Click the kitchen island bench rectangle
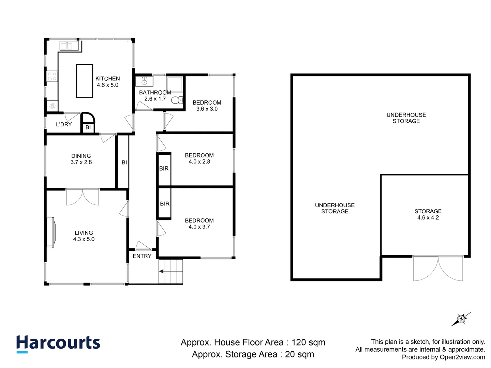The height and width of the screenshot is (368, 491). [84, 81]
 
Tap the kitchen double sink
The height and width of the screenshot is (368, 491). [69, 46]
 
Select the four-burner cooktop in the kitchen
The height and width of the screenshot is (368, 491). [52, 76]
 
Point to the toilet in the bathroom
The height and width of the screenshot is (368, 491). [177, 100]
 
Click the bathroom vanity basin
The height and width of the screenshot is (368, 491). [144, 81]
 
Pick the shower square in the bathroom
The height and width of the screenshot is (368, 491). [175, 85]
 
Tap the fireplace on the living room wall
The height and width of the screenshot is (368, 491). [51, 232]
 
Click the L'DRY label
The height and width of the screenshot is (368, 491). [64, 124]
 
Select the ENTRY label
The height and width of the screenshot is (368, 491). [142, 256]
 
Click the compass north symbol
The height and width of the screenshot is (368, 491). [461, 319]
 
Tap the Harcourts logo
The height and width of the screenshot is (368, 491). [58, 343]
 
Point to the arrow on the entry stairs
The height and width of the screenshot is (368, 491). [161, 272]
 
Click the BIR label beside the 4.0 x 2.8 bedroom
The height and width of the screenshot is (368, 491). [164, 168]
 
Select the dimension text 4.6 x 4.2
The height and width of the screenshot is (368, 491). [428, 218]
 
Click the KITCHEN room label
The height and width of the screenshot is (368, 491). [108, 79]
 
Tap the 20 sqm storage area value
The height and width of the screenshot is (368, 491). [299, 354]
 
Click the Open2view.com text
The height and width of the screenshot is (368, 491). [463, 357]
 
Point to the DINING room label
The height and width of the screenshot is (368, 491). [81, 156]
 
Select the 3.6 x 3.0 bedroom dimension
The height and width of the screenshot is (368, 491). [207, 109]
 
